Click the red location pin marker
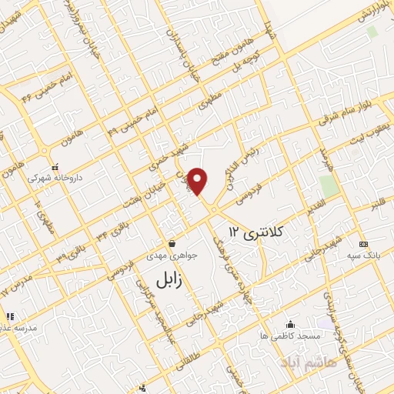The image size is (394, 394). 199,180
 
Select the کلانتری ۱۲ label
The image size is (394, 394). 257,230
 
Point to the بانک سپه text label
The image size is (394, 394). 362,255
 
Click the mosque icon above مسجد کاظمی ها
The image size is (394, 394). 289,324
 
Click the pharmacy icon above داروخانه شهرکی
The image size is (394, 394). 54,166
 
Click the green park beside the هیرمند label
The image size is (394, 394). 329,186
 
